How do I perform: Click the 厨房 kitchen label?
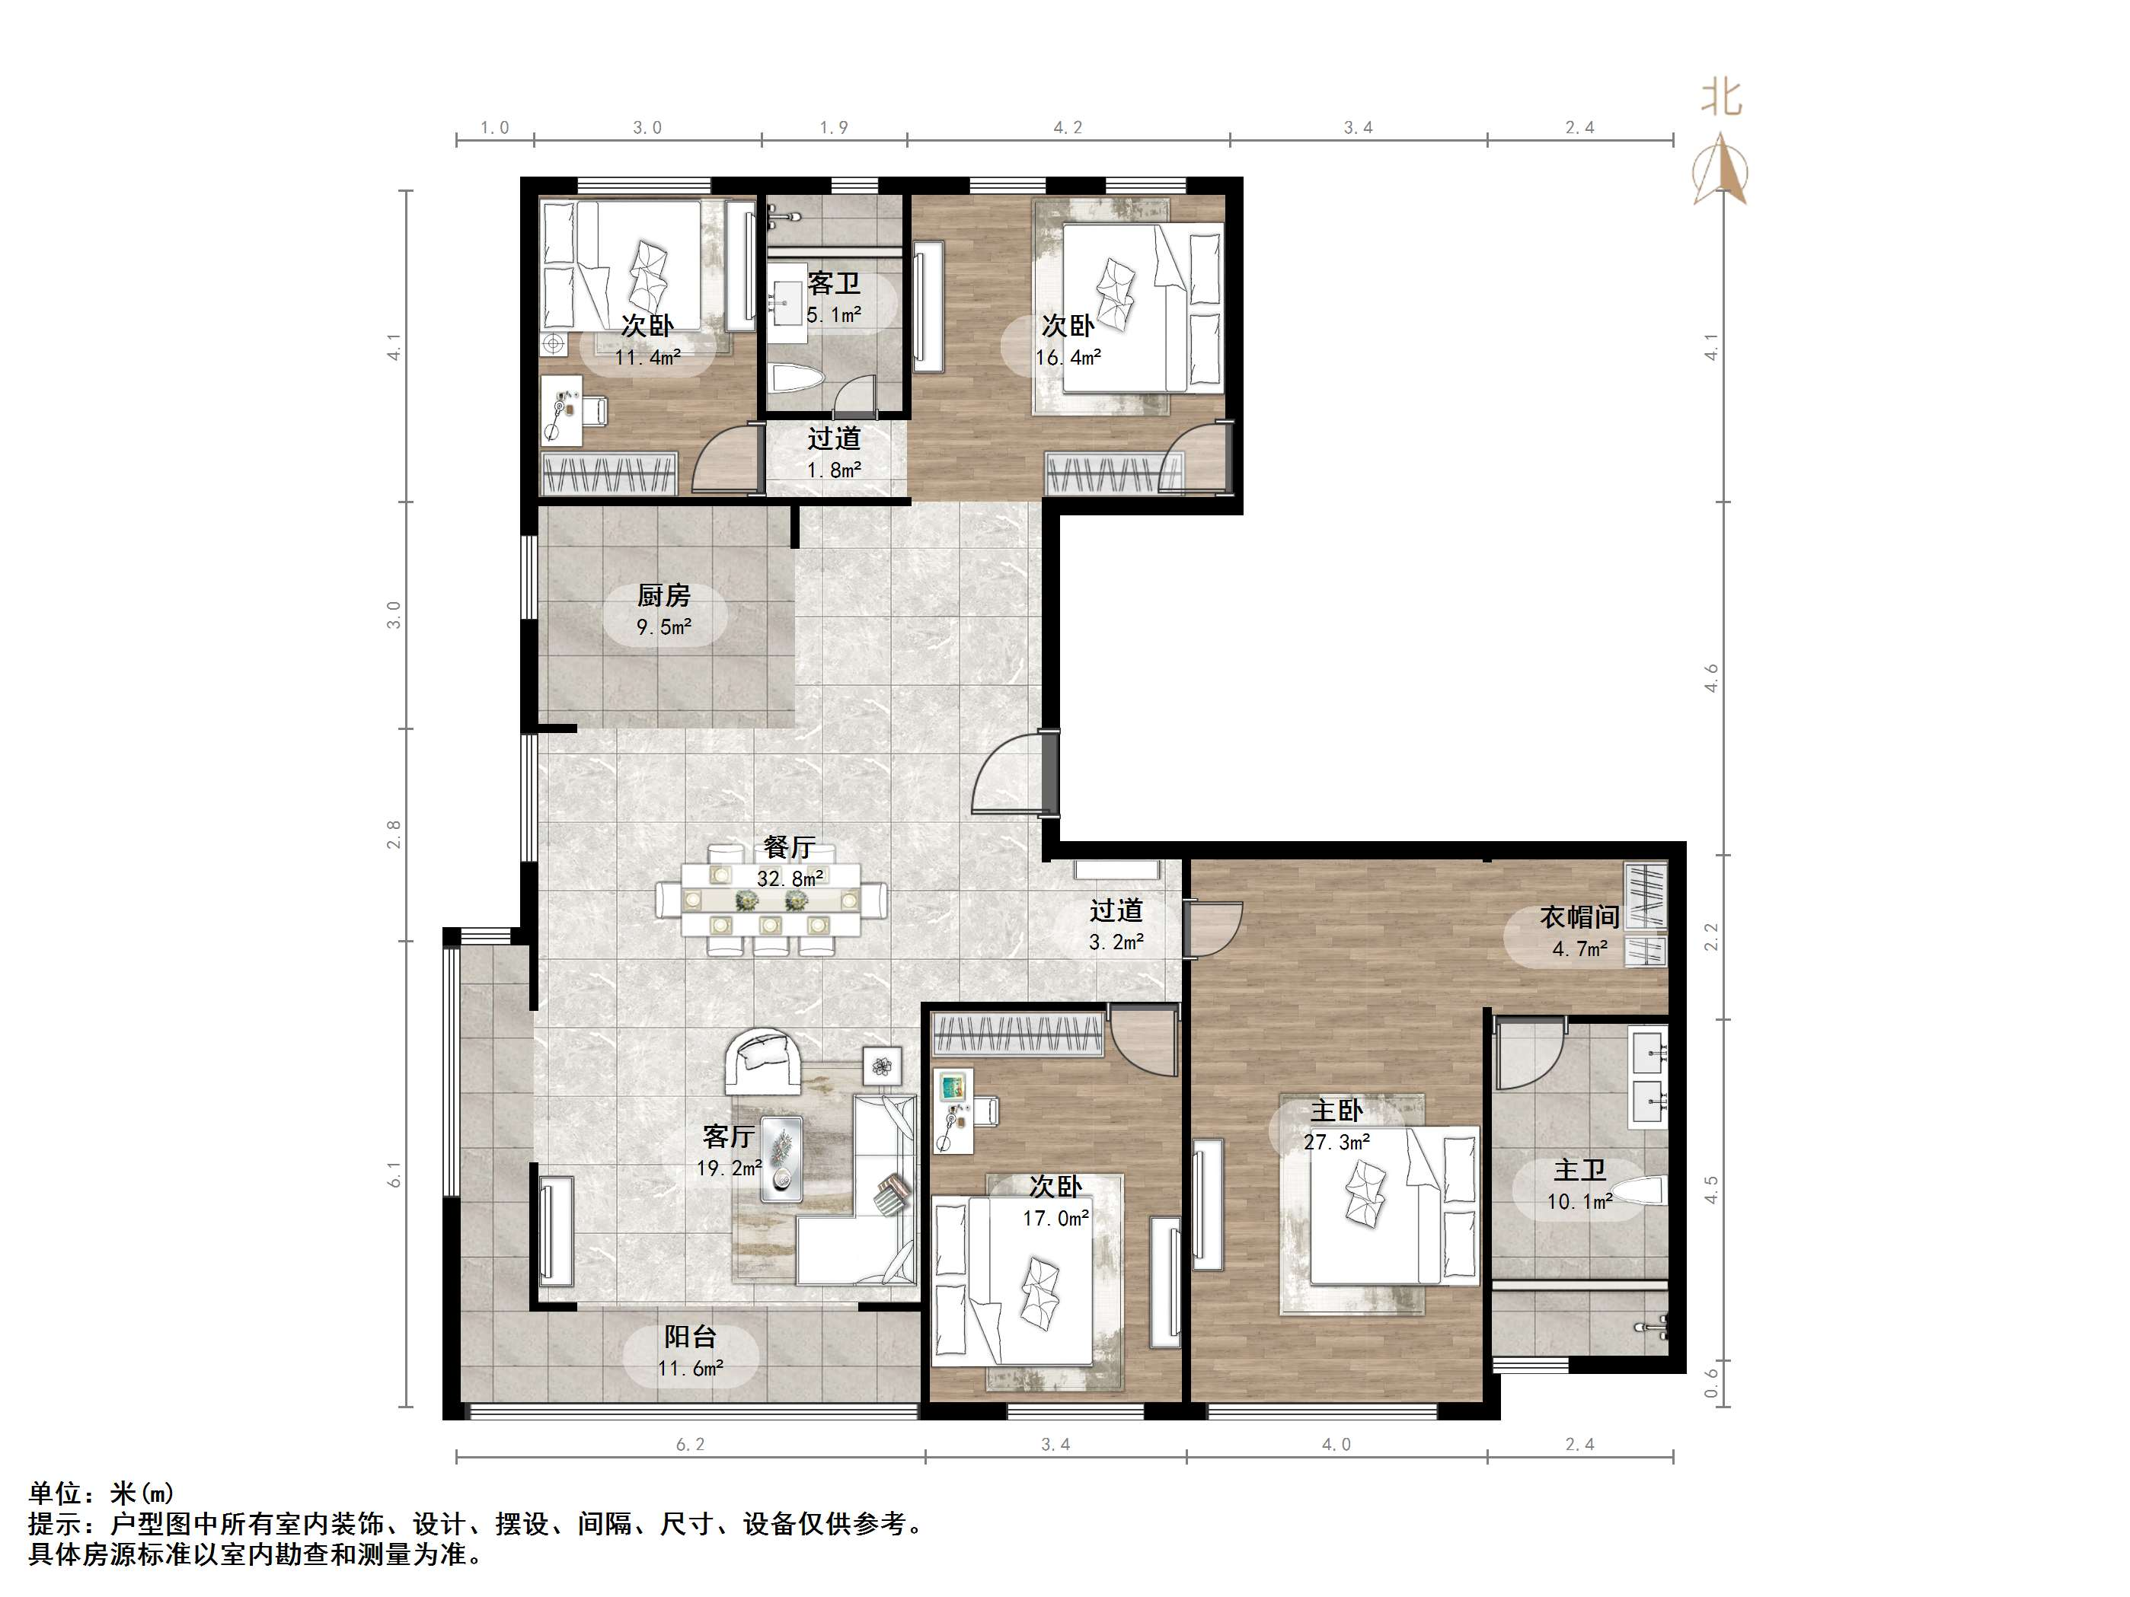[663, 596]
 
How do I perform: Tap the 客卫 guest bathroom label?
[834, 283]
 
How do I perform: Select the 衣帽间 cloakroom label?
[1579, 917]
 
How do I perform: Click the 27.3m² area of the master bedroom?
[1336, 1143]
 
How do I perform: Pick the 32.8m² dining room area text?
[790, 878]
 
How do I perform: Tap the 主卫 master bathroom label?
[1579, 1170]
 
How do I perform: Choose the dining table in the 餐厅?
[771, 900]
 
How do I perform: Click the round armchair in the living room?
[762, 1062]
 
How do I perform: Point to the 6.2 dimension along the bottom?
[691, 1444]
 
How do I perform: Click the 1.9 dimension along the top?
[834, 127]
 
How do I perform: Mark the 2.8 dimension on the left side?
[393, 834]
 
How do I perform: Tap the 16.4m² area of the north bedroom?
[1068, 357]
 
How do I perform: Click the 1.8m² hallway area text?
[834, 470]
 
